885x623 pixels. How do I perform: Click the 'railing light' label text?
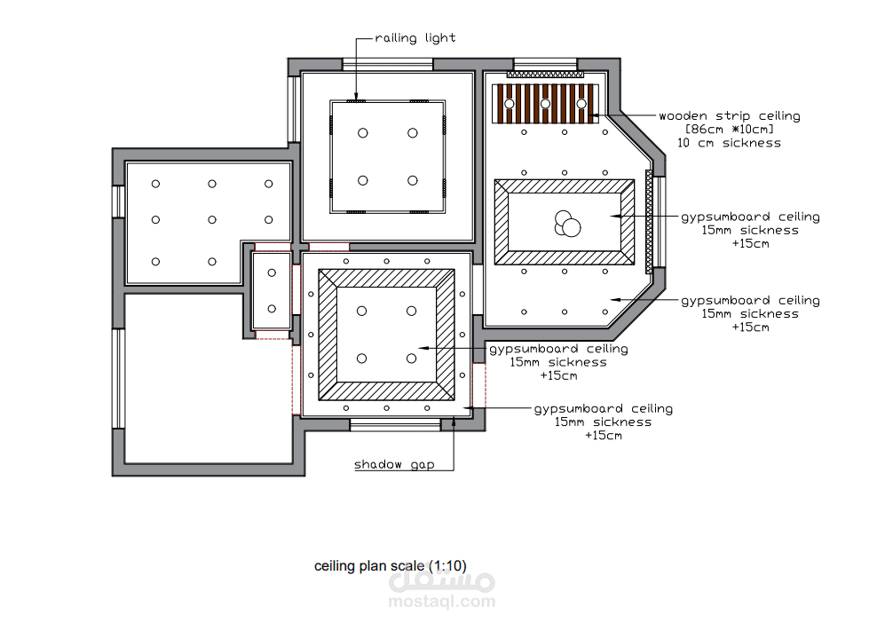415,38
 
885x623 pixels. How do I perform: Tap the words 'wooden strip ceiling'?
730,115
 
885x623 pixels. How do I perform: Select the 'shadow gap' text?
394,464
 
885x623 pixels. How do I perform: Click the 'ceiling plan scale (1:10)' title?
390,565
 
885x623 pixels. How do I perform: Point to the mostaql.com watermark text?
442,602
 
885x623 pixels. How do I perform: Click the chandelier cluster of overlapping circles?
567,224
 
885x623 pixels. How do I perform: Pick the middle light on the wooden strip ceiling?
545,104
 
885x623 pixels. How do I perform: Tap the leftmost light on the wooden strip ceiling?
510,104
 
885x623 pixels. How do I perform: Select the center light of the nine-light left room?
212,219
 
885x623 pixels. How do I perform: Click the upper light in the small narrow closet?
272,273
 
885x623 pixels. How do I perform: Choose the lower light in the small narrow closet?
272,309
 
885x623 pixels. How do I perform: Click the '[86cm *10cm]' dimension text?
730,130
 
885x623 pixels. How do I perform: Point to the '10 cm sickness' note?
730,143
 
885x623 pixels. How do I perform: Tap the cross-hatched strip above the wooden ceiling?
545,75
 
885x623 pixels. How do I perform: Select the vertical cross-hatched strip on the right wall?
649,222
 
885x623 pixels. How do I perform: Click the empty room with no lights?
209,379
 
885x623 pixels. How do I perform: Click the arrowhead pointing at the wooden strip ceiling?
594,115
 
